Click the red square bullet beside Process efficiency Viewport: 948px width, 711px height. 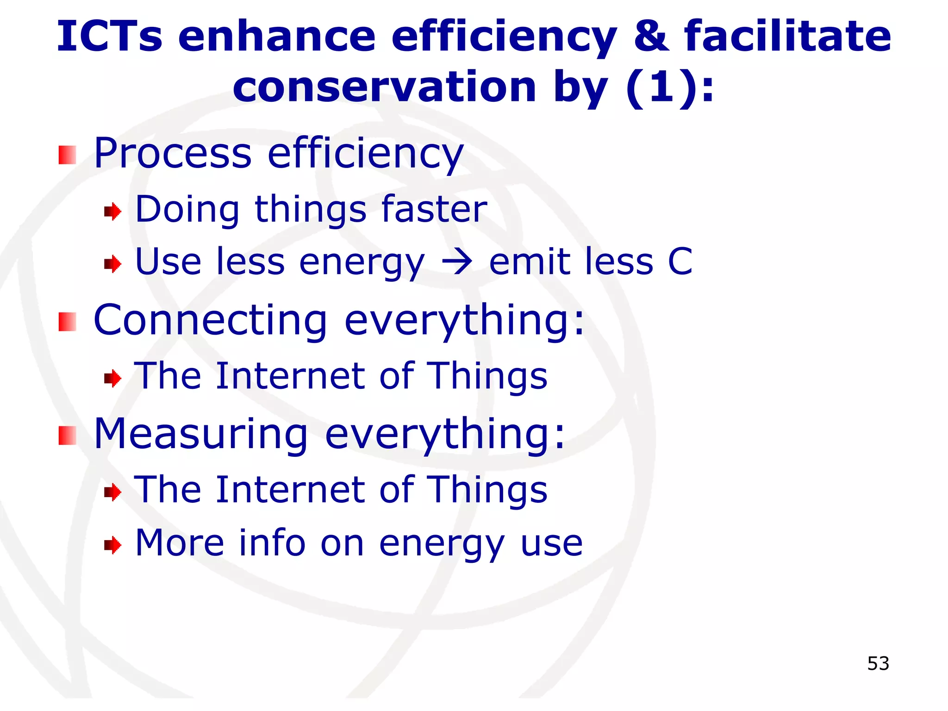[x=67, y=155]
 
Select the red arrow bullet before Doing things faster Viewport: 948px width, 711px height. [x=112, y=212]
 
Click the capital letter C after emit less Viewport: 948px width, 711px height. [x=680, y=262]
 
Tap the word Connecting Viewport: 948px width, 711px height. [x=211, y=320]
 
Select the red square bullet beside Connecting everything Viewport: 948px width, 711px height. [x=67, y=322]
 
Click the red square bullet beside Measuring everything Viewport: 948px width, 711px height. [x=67, y=436]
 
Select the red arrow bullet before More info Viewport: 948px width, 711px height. [x=112, y=545]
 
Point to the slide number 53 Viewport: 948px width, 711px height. [x=878, y=664]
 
